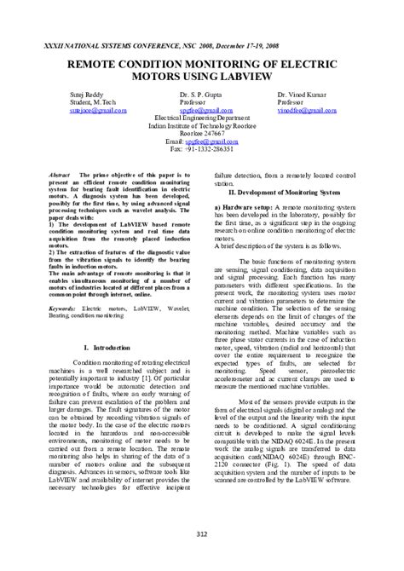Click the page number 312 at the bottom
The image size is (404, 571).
pos(201,534)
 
